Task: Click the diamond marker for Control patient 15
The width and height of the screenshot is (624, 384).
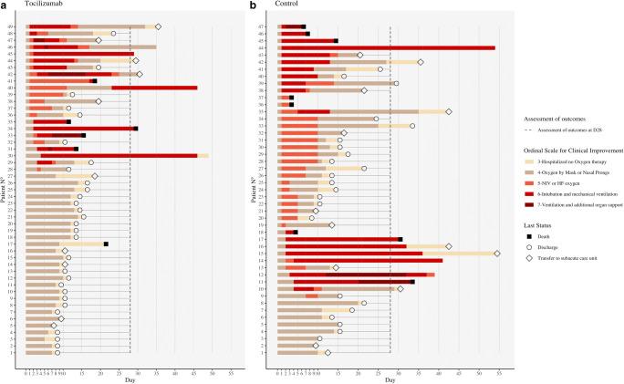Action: click(496, 254)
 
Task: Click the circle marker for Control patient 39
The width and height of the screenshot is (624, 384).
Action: click(396, 83)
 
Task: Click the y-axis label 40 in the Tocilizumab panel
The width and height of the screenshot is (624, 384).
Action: click(22, 88)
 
